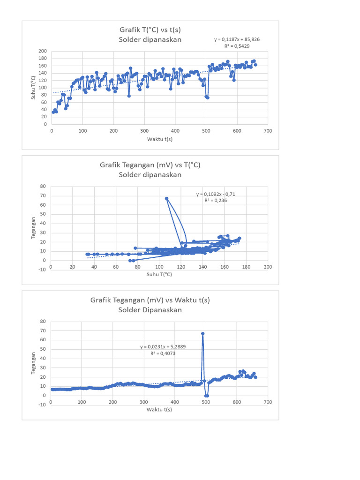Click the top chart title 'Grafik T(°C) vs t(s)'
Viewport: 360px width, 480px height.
(150, 30)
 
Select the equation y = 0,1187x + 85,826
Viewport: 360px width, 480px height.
(237, 40)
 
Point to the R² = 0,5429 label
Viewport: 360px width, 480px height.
(237, 46)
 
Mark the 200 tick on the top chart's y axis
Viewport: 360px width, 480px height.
(43, 51)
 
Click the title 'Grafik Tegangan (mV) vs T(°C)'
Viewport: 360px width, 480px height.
(150, 165)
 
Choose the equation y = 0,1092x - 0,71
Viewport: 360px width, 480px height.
(216, 194)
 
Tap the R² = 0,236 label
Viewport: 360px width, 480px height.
(216, 200)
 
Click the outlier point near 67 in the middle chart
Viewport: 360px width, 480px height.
(166, 198)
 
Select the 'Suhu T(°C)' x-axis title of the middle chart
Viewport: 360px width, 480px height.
(159, 274)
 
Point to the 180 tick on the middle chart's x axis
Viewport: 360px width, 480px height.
(246, 267)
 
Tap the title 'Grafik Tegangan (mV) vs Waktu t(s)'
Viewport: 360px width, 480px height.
(150, 300)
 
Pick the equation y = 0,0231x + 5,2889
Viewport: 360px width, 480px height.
(162, 347)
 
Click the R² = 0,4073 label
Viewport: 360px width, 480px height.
(162, 354)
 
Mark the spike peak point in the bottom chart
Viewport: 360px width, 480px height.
(203, 334)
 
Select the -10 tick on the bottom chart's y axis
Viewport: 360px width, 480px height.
(43, 405)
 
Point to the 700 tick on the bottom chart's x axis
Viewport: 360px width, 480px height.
(268, 402)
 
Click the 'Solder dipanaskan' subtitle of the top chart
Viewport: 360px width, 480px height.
(150, 40)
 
